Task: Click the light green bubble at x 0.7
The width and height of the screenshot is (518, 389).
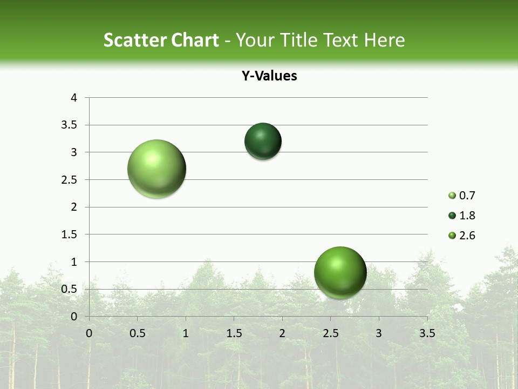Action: pos(157,169)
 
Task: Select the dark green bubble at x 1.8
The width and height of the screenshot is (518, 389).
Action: pos(263,142)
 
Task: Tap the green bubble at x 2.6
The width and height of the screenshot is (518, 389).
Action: pos(340,272)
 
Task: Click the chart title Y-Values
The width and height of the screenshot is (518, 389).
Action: pos(269,76)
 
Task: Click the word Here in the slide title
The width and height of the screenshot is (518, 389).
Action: pos(384,40)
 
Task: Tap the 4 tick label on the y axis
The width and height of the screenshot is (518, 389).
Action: pos(74,98)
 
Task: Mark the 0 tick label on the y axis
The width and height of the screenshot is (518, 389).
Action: pos(74,317)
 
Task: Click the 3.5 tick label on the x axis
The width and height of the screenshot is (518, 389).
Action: pos(427,333)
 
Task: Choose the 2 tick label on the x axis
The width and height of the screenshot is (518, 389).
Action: pos(282,333)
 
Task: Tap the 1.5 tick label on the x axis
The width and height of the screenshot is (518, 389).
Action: pos(234,333)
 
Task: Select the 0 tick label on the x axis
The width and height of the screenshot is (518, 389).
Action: pos(89,333)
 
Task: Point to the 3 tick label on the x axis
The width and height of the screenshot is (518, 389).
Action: pos(379,333)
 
